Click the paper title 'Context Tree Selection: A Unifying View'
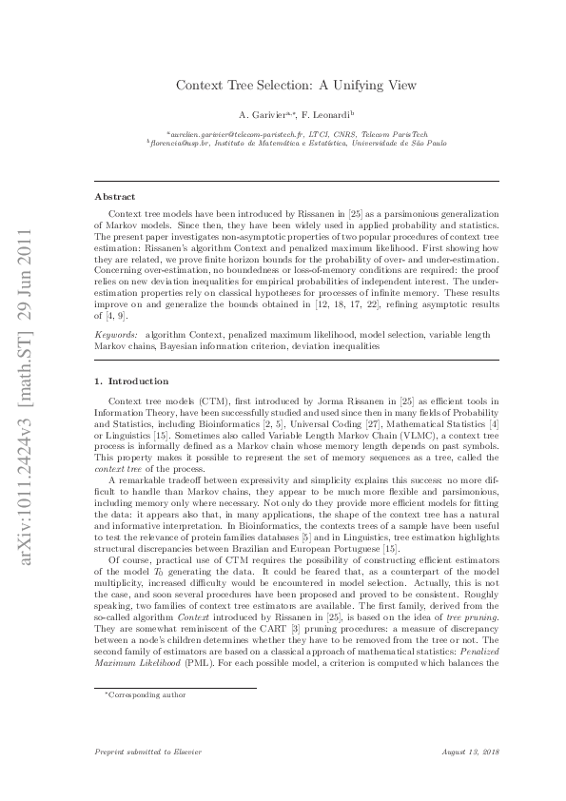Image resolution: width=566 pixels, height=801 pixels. (296, 85)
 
